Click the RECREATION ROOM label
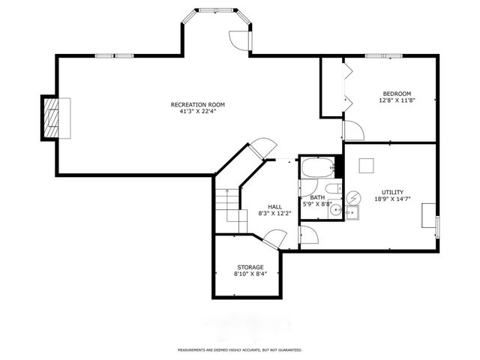197,104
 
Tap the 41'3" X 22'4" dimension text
197,112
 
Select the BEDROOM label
397,93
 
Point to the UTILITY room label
391,191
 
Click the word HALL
275,206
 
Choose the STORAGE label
250,267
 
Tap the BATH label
317,198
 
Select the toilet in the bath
331,188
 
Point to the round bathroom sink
335,211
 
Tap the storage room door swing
274,239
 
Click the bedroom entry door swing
352,130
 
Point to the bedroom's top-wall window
376,55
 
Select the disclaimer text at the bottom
239,349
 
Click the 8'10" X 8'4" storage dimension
250,274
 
